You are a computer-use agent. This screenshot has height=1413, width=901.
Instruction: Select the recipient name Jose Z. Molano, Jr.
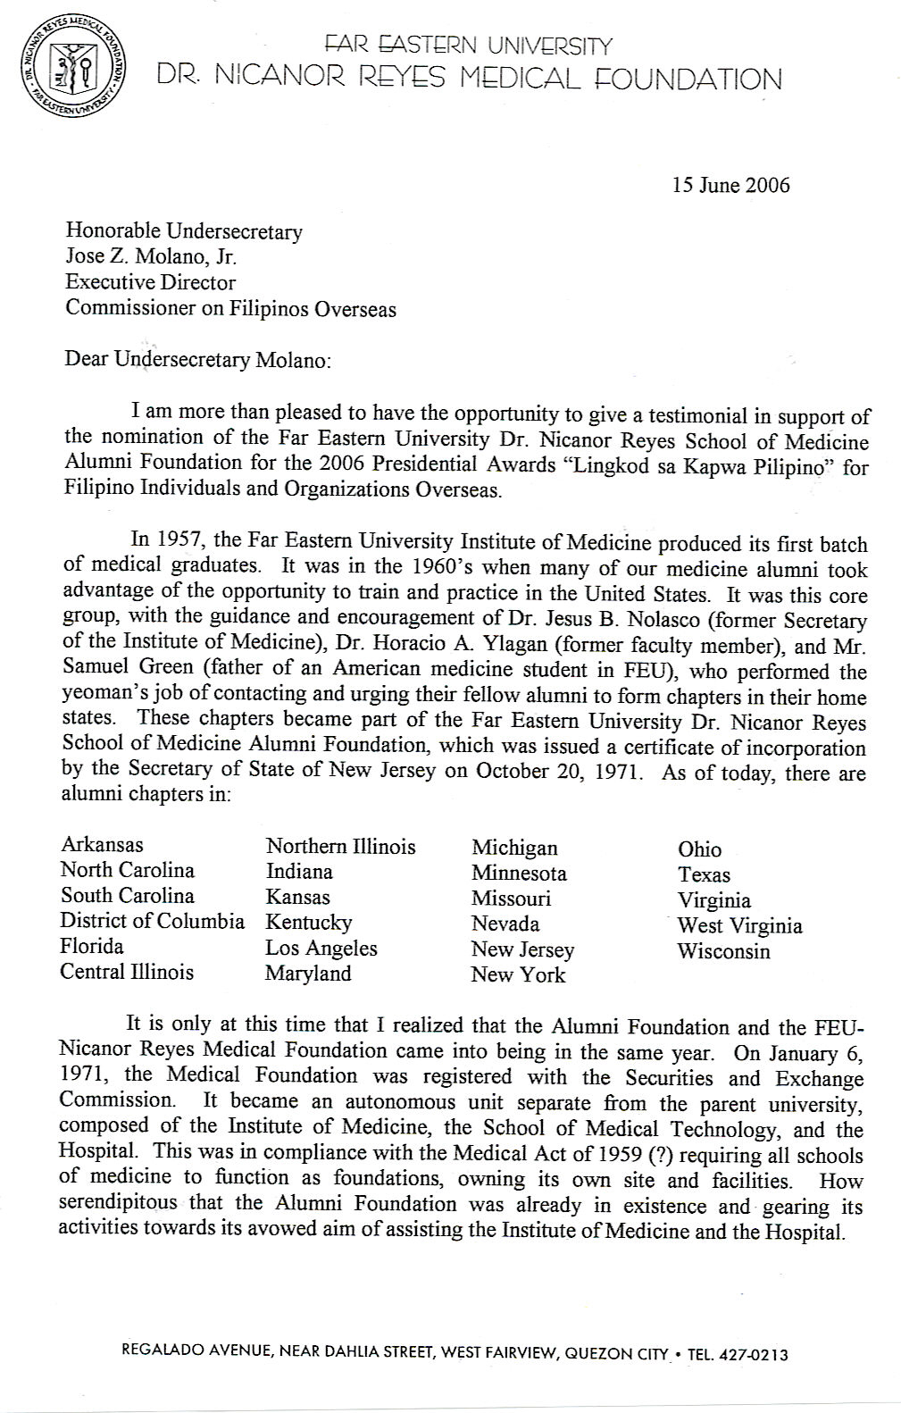151,257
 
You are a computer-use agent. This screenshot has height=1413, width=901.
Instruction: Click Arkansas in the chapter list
102,844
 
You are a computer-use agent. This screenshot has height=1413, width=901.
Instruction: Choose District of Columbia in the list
153,921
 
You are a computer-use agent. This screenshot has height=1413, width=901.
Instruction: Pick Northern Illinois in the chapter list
340,846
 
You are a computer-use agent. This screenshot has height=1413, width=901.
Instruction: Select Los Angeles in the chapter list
321,948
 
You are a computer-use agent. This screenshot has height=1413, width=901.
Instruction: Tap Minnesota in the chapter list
519,873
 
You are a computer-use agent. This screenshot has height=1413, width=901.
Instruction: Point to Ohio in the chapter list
699,849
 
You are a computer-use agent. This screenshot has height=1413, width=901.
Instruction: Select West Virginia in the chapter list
739,925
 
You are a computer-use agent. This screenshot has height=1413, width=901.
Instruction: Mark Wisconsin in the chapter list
723,951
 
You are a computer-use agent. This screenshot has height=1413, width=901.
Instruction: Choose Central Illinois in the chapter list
127,972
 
